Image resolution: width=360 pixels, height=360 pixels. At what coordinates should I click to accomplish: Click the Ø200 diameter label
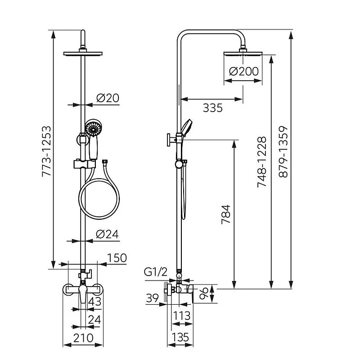(244, 72)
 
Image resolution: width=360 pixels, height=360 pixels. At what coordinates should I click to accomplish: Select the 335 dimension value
(212, 108)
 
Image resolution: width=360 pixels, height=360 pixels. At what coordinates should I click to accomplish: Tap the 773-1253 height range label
(46, 151)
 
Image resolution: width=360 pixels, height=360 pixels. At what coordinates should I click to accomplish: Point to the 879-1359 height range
(283, 152)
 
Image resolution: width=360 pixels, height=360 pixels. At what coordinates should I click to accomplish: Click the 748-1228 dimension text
(262, 162)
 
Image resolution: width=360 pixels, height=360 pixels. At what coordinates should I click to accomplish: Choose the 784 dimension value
(226, 215)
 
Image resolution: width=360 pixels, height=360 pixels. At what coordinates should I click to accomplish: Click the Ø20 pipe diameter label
(108, 98)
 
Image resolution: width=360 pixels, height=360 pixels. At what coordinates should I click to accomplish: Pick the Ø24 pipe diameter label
(107, 234)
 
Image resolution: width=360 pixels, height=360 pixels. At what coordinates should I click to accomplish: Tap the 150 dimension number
(117, 258)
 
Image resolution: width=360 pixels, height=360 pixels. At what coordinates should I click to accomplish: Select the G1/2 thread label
(156, 272)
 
